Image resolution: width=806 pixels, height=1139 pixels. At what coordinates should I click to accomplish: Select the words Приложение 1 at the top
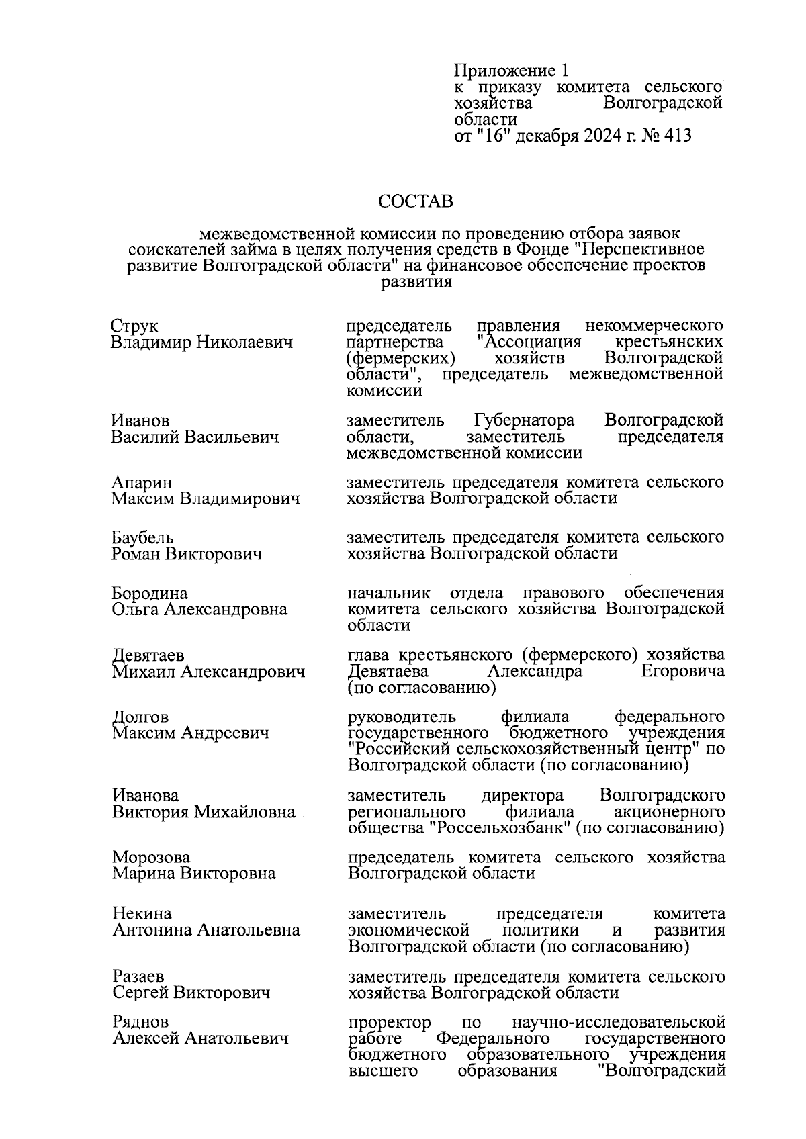[x=512, y=71]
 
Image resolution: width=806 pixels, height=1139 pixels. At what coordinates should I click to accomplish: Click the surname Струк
[x=134, y=326]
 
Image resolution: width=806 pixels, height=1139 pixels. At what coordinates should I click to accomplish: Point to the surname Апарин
[x=142, y=483]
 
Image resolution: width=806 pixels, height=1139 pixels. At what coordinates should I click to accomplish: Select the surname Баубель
[x=143, y=538]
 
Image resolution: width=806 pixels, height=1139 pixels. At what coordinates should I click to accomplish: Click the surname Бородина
[x=150, y=594]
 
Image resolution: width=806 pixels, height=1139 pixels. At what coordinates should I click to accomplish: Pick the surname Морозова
[x=151, y=858]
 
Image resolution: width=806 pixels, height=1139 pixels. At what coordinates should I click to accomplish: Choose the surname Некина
[x=142, y=914]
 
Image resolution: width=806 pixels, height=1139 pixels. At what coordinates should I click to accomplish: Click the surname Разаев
[x=138, y=976]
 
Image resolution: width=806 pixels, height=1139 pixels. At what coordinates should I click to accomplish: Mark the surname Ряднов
[x=140, y=1022]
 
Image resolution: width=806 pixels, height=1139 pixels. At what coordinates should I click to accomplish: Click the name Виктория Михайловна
[x=204, y=812]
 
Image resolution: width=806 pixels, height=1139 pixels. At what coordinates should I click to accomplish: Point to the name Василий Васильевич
[x=195, y=438]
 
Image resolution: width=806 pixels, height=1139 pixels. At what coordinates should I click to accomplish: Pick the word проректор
[x=390, y=1023]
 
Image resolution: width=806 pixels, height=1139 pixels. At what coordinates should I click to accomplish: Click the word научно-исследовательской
[x=618, y=1023]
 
